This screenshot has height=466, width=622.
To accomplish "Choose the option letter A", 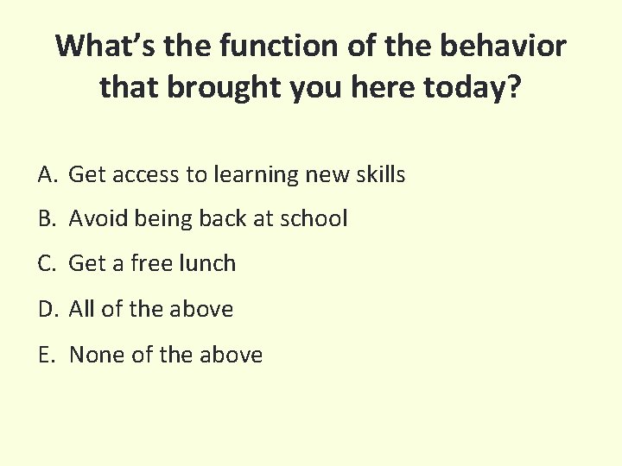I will [47, 175].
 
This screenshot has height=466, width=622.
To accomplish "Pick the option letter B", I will [47, 219].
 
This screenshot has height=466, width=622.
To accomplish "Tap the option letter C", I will [47, 264].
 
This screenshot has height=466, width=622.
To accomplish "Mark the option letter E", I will [46, 355].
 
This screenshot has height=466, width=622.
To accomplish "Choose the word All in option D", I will [81, 310].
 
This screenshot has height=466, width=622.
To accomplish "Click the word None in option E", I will [97, 355].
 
